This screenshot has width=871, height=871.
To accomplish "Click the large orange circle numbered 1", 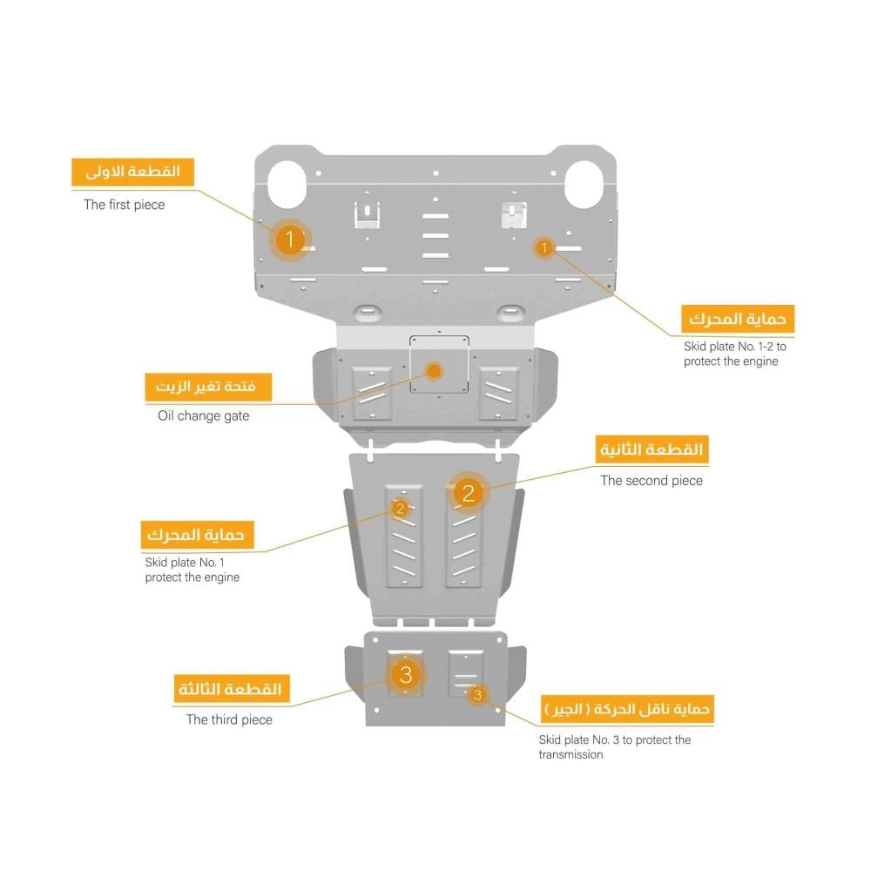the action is (x=289, y=240).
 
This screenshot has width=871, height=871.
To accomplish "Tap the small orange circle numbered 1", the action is (x=544, y=247).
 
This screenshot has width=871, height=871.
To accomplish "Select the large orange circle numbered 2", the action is (x=469, y=493).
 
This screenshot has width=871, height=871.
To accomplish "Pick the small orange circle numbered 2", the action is (x=401, y=508).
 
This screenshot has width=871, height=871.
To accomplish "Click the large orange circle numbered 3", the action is (x=406, y=674).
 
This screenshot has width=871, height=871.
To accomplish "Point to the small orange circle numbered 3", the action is (x=477, y=694).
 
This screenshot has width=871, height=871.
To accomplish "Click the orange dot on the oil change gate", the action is (x=435, y=371).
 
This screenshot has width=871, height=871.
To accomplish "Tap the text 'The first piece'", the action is (x=125, y=205).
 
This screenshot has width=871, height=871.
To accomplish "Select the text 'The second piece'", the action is (x=652, y=481).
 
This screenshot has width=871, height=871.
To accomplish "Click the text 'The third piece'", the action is (x=229, y=720).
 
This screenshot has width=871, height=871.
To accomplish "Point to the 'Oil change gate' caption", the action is (x=203, y=416).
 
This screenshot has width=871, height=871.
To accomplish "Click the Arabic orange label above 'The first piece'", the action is (x=132, y=172).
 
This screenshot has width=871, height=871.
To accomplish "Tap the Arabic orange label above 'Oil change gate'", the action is (x=208, y=387).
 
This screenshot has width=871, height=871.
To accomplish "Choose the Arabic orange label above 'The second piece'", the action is (x=652, y=449).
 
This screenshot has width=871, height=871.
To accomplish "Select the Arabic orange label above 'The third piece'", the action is (x=231, y=689).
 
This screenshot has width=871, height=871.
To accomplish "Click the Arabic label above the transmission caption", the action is (x=627, y=709).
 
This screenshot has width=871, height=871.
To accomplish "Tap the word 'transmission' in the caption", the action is (x=571, y=754).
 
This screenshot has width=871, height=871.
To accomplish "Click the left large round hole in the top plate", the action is (x=287, y=185).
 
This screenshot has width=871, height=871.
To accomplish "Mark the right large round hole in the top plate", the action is (x=584, y=185).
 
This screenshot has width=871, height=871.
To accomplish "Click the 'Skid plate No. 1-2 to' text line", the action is (x=735, y=347).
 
